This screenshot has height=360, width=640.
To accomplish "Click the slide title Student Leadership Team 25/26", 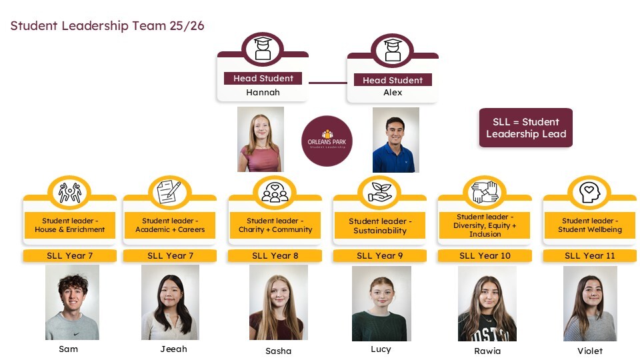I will (107, 26).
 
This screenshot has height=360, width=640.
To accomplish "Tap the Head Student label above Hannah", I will (263, 79).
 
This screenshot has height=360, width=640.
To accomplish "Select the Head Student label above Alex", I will (393, 80).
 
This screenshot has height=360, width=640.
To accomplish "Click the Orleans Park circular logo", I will (327, 141).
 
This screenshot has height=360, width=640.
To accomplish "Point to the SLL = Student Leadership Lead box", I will (526, 128).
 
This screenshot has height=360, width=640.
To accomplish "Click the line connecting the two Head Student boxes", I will (327, 83).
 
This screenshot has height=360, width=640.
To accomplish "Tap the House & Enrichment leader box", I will (70, 225).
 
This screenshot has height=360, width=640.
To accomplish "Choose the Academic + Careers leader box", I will (170, 225).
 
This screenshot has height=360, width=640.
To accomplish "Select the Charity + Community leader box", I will (275, 225).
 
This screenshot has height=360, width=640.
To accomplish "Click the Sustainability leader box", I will (380, 226).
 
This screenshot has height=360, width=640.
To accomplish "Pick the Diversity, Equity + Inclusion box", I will (485, 225).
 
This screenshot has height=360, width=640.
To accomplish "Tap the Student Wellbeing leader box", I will (589, 225).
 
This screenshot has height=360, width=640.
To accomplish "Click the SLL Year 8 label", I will (275, 255).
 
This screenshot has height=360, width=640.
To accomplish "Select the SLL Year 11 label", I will (589, 255).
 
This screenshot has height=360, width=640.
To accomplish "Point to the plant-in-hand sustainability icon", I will (380, 191).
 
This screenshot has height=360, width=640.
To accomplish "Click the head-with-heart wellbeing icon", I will (589, 192).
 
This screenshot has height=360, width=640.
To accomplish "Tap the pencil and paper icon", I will (170, 192).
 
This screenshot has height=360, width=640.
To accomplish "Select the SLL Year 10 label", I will (485, 255).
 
